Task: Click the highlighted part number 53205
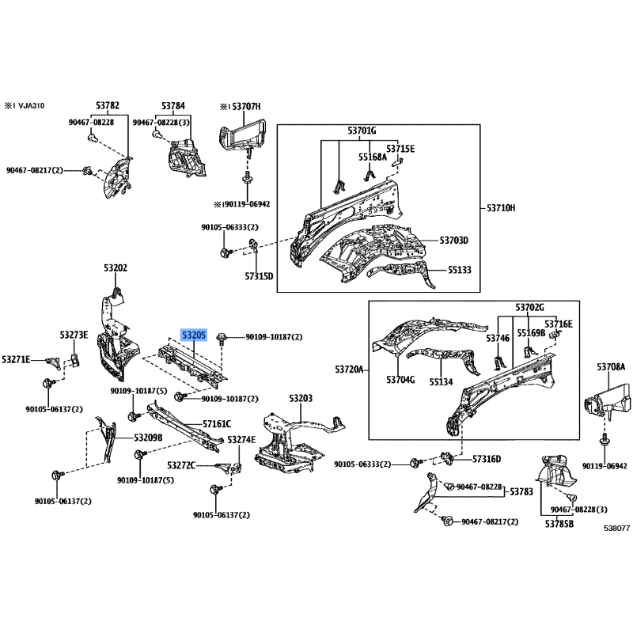(194, 335)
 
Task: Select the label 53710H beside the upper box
(501, 208)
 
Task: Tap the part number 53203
(301, 399)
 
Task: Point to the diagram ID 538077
(617, 528)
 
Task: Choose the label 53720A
(349, 370)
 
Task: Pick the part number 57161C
(217, 424)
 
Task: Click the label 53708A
(611, 367)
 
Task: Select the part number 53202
(116, 268)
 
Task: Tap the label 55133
(460, 270)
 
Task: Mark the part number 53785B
(559, 524)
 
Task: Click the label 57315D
(259, 276)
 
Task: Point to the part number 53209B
(148, 438)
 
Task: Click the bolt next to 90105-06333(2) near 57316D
(415, 463)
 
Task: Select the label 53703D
(453, 241)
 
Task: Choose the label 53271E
(16, 359)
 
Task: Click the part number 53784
(173, 106)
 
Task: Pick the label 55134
(441, 382)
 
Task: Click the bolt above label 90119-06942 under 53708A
(605, 439)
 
